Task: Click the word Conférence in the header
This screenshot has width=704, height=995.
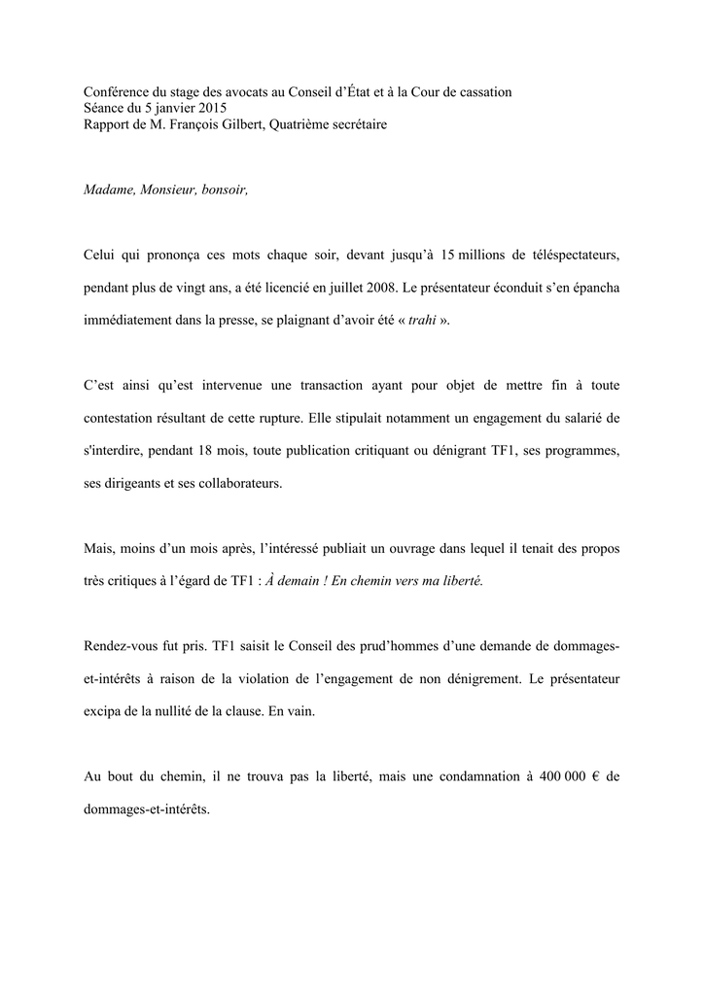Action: (115, 92)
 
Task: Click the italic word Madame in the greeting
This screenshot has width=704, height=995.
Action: (107, 189)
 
